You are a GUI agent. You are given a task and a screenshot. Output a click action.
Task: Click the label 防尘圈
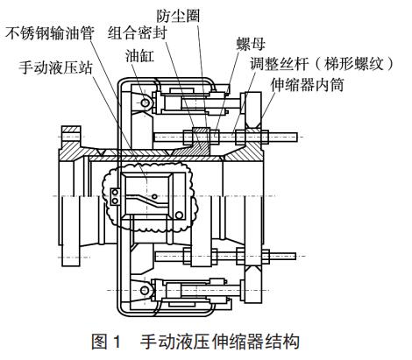click(x=178, y=16)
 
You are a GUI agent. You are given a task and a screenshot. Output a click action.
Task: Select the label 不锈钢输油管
click(x=50, y=32)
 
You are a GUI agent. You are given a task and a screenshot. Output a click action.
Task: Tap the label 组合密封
click(x=137, y=32)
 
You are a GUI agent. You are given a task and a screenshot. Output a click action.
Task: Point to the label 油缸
click(x=139, y=55)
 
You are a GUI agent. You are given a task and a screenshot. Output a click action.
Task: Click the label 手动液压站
click(x=55, y=67)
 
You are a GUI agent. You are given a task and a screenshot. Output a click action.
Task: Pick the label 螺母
click(x=251, y=45)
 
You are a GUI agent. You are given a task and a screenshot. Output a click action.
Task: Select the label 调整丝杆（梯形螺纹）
click(x=323, y=63)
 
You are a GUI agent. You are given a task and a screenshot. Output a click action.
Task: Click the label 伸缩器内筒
click(x=307, y=85)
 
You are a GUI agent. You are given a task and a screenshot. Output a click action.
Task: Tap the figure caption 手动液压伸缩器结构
click(x=220, y=342)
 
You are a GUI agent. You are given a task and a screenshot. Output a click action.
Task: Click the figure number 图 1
click(x=106, y=342)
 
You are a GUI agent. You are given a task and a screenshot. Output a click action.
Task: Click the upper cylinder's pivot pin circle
click(x=145, y=102)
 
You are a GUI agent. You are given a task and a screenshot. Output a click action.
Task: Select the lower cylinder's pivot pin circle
click(x=145, y=290)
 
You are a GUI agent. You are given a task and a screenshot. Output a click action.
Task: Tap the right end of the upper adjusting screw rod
click(x=297, y=137)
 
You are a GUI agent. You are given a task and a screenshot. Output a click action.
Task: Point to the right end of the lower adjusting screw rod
click(x=295, y=257)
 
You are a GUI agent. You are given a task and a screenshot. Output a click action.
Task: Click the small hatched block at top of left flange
click(x=71, y=130)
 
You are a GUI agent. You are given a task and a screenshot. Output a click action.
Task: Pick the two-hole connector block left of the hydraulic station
click(x=115, y=196)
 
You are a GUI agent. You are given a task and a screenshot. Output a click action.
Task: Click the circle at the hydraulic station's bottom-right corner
click(x=179, y=215)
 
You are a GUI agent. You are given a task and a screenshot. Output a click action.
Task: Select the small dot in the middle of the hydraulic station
click(x=154, y=196)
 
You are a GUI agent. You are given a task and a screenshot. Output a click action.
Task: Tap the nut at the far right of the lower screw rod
click(x=266, y=257)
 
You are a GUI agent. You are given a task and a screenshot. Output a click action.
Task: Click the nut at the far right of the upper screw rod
click(x=265, y=137)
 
